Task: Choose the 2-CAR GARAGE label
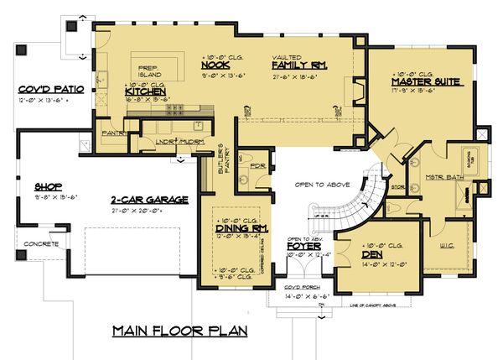point(150,200)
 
